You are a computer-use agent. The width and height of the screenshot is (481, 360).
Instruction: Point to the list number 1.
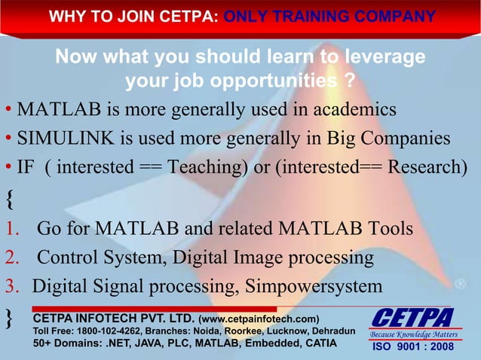(10, 228)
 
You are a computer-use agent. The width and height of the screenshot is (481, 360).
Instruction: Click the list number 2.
(10, 258)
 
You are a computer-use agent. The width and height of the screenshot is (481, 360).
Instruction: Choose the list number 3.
(10, 286)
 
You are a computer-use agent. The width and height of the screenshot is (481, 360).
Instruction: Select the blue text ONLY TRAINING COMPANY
(329, 17)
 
